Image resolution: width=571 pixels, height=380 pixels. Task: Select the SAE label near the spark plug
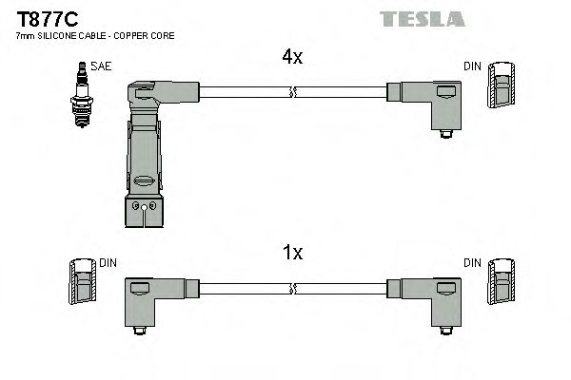click(100, 66)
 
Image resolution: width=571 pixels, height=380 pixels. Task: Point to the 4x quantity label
click(291, 58)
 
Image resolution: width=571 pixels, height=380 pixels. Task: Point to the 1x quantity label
click(293, 254)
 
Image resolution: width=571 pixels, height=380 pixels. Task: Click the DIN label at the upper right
click(472, 66)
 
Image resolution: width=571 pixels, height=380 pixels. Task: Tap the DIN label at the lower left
click(108, 262)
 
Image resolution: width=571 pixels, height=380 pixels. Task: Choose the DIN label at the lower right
click(472, 262)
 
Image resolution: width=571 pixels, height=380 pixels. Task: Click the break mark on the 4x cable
click(293, 92)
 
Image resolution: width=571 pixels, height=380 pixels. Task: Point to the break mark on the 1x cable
click(293, 287)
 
